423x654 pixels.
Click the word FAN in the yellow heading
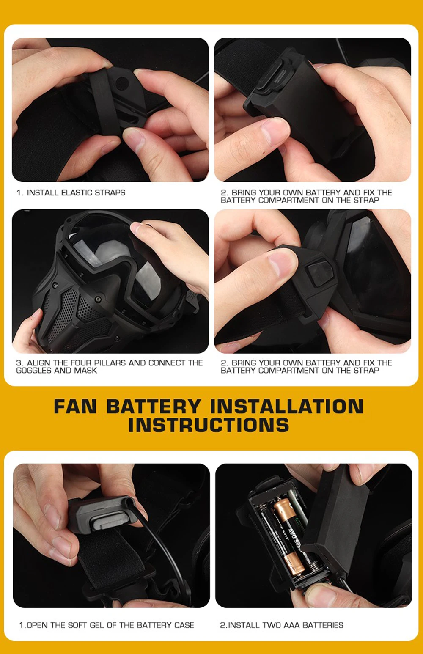(x=75, y=407)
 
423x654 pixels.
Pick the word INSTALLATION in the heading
(x=287, y=407)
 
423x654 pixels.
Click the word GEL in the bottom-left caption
(x=97, y=625)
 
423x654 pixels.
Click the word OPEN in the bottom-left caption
(x=37, y=625)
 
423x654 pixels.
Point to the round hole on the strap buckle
(x=122, y=83)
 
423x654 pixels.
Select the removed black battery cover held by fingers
(x=336, y=522)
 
